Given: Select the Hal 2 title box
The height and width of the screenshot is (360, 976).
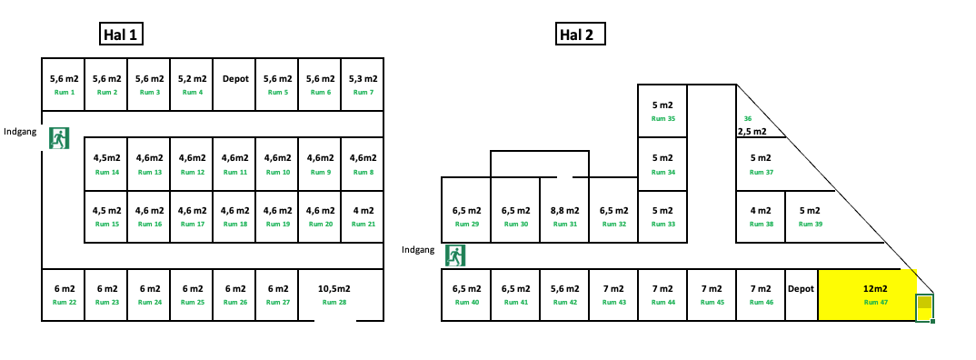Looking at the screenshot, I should [x=581, y=35].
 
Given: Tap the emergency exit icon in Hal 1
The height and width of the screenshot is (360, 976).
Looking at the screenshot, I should [x=60, y=139].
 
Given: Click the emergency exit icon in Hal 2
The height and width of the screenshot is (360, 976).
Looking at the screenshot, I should [x=455, y=255].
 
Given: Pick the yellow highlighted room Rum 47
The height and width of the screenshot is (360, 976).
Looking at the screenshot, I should [x=868, y=295].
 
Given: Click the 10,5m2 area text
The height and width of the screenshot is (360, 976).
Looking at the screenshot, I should [x=334, y=288].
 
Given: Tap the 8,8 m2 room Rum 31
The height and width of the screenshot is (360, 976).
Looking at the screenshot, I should [x=564, y=216].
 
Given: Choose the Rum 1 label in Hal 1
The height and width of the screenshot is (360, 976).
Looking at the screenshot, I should [x=64, y=92].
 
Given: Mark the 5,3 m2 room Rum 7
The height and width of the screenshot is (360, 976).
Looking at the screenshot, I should [x=363, y=85].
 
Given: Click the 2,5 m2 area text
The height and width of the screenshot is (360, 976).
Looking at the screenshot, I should [x=752, y=132].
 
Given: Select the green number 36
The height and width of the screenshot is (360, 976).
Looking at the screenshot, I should [x=748, y=118].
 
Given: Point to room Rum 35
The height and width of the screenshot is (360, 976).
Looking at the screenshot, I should [x=663, y=112].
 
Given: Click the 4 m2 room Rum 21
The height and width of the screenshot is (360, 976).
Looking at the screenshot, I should [x=363, y=216].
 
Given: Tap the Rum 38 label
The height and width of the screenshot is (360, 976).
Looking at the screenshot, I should [x=762, y=224].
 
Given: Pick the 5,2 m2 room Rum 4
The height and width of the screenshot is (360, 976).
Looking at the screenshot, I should [x=192, y=85].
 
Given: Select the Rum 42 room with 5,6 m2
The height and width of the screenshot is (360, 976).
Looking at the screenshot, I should [x=564, y=295].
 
